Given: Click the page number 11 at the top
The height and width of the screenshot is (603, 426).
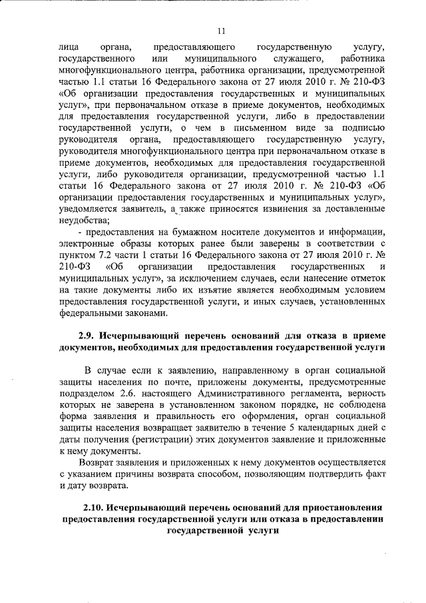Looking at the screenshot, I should tap(222, 29).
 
